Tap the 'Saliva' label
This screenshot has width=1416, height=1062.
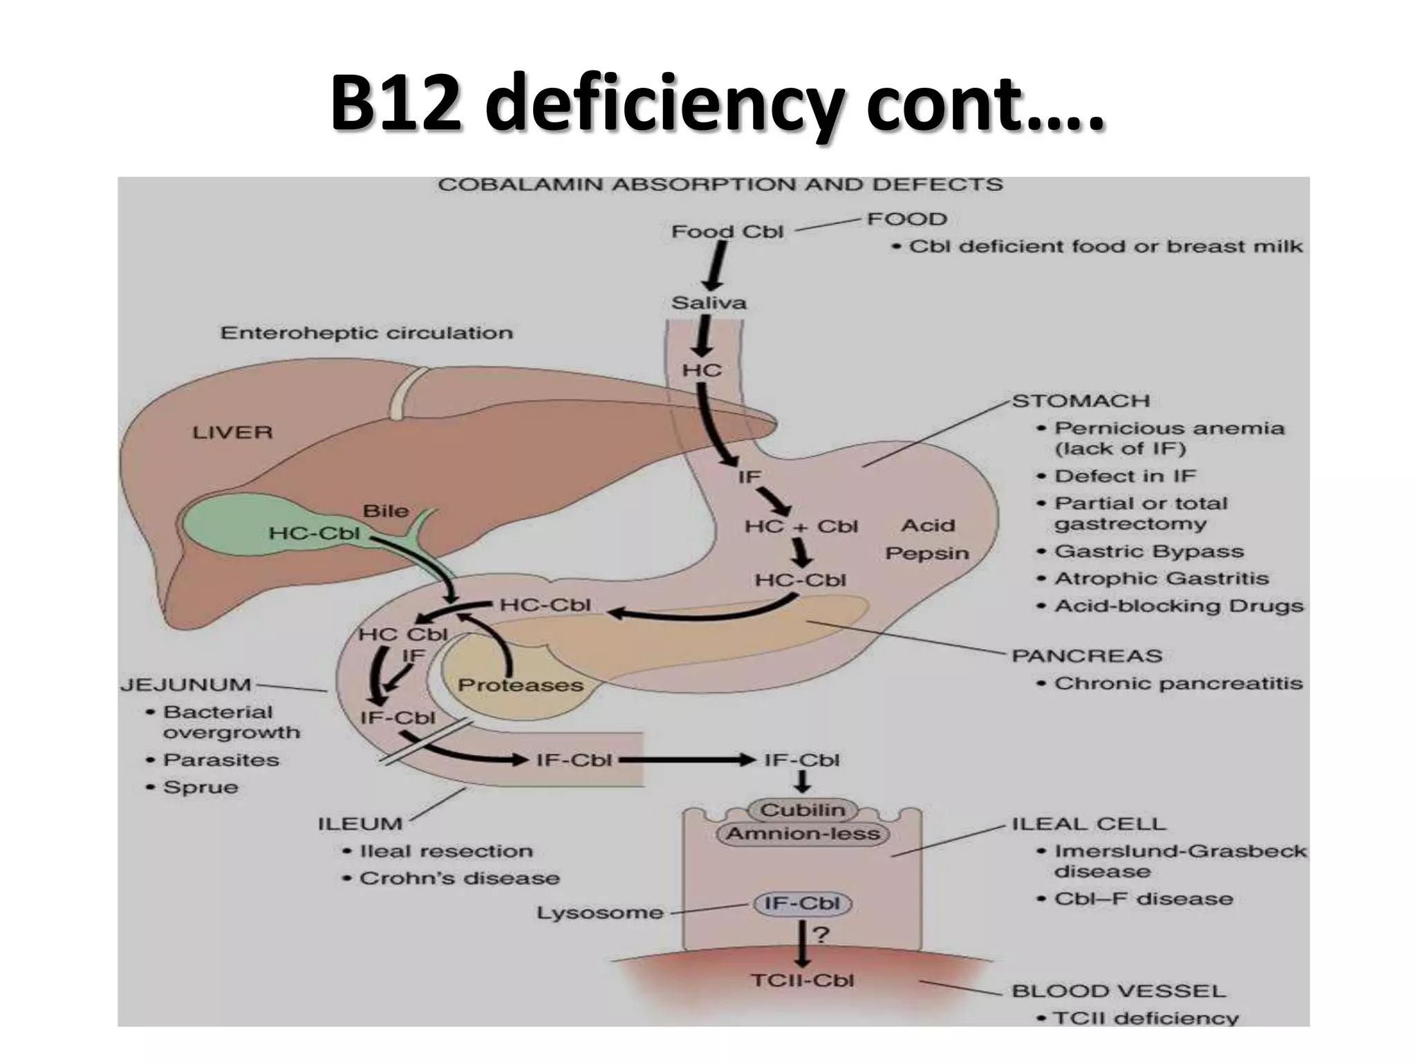click(x=709, y=303)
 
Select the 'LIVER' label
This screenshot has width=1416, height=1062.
click(x=232, y=433)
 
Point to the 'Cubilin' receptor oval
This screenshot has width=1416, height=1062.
click(x=802, y=810)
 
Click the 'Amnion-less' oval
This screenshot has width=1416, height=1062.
click(x=803, y=834)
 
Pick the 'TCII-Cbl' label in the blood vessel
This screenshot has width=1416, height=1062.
click(x=802, y=980)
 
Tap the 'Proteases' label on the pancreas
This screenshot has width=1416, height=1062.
click(x=521, y=685)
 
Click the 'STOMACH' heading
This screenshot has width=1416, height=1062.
click(x=1081, y=401)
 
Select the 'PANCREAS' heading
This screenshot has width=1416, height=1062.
click(x=1087, y=655)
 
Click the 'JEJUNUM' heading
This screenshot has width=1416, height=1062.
click(x=186, y=684)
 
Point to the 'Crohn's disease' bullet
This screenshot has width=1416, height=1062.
click(x=459, y=878)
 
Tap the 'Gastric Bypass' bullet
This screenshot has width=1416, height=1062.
click(x=1148, y=551)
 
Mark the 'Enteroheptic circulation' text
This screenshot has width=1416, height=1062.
click(x=366, y=333)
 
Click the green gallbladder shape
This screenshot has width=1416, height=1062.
click(x=228, y=525)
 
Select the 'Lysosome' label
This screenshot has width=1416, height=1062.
click(x=599, y=913)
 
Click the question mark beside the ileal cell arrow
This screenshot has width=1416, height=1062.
click(x=821, y=935)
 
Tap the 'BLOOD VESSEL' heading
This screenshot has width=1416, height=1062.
click(x=1118, y=991)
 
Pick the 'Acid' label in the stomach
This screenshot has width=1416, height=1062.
click(x=927, y=525)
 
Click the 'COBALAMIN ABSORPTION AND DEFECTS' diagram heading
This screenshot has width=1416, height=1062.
click(x=720, y=185)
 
